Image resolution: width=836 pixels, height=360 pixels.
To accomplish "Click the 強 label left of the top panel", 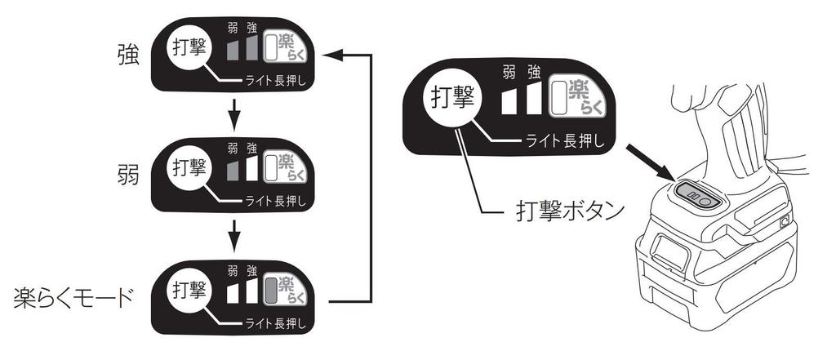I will point(127,58).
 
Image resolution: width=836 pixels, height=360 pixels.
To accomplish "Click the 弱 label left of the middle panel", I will point(127,175).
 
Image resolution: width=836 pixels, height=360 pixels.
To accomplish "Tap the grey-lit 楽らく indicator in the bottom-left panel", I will point(284,288).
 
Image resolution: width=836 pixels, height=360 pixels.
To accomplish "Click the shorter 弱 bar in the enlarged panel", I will point(511,100).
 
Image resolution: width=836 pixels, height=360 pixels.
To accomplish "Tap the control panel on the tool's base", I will point(697,195).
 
